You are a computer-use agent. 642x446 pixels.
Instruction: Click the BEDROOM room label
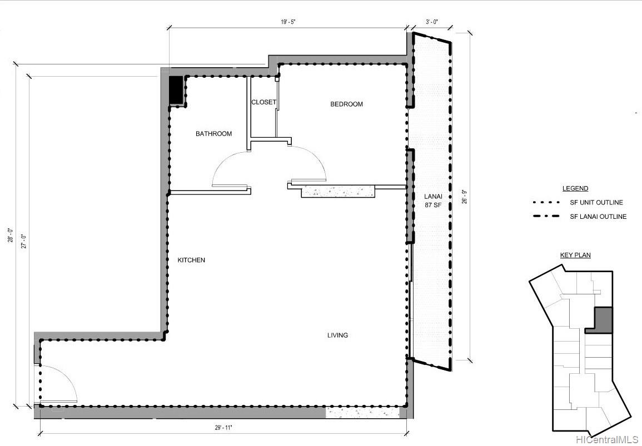pos(346,104)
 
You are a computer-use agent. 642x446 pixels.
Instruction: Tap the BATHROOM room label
pos(213,134)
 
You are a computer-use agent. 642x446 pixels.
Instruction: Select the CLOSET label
pos(263,102)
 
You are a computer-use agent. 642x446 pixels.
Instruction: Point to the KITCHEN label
pos(191,260)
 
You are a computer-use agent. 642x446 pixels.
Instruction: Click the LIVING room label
pos(337,335)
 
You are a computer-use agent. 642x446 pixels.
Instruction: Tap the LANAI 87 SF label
pos(433,201)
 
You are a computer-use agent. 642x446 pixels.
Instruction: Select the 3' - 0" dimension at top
pos(432,22)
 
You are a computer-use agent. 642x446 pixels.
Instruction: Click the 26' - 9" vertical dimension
pos(464,197)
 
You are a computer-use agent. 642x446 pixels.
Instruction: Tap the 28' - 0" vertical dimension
pos(10,237)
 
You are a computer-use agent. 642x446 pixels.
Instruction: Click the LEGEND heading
pos(575,189)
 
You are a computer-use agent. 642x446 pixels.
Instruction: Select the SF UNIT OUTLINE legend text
pos(596,203)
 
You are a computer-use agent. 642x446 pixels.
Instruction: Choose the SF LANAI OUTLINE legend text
pos(598,217)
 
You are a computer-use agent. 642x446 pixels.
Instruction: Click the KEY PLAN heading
pos(575,255)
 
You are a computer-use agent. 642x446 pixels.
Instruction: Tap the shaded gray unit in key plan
pos(603,320)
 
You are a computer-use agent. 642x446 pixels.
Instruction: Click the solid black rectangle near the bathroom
pos(176,90)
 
